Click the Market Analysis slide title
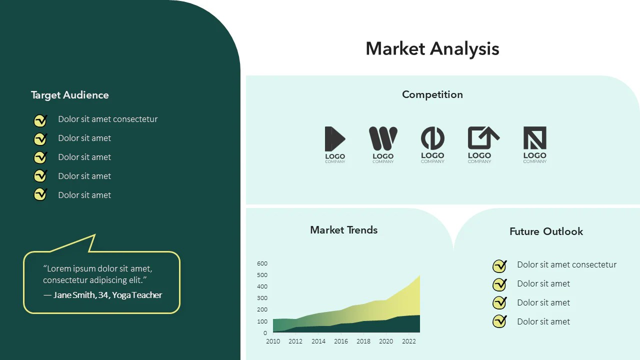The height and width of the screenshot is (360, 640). click(432, 49)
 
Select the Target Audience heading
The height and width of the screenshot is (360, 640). click(69, 95)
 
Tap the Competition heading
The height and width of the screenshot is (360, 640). click(432, 94)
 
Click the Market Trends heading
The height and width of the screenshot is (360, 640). click(343, 230)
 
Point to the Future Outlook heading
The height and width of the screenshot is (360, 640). click(546, 231)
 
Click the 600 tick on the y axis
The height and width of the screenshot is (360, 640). click(262, 263)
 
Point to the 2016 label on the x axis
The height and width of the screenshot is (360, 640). click(341, 341)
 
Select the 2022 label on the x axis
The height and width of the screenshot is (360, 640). click(409, 341)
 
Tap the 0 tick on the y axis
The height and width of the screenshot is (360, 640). click(265, 333)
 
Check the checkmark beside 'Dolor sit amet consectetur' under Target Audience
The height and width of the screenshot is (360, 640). click(40, 120)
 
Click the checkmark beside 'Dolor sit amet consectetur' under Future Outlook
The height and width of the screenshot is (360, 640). click(499, 265)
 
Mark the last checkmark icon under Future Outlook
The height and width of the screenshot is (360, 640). click(499, 321)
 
